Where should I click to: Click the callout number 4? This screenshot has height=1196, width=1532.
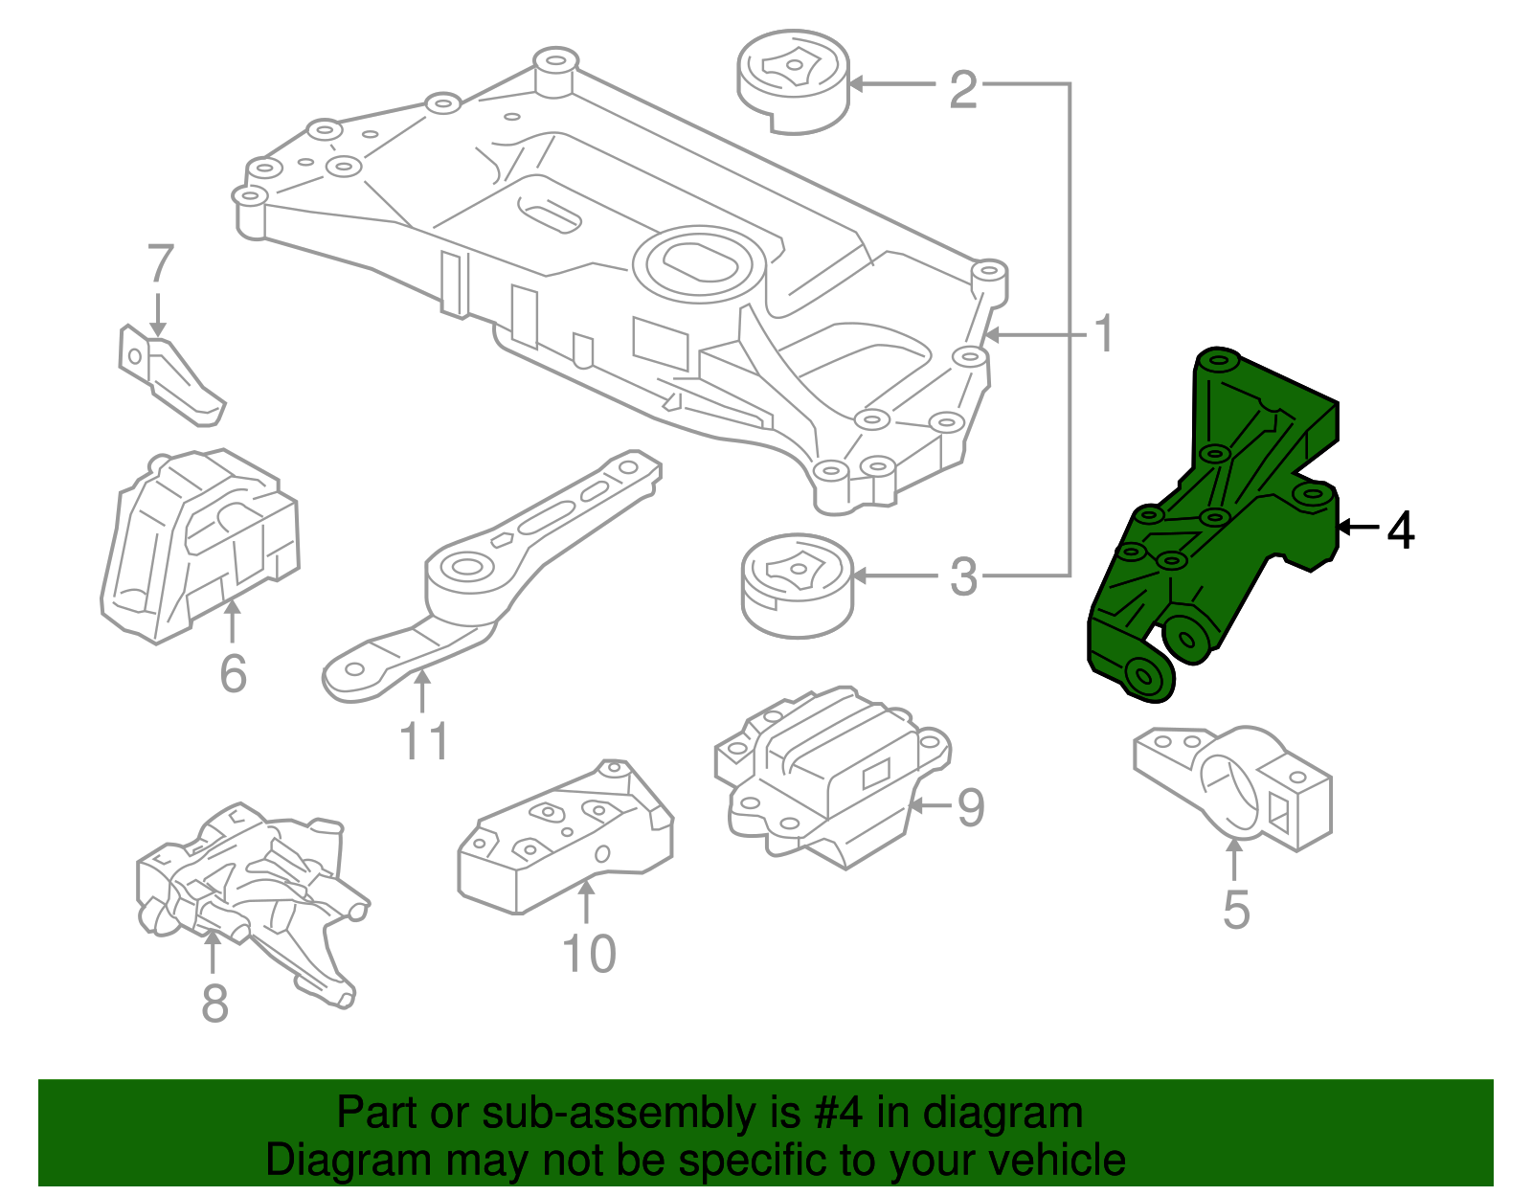pos(1400,530)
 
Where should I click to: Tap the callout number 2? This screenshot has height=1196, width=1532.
pos(962,89)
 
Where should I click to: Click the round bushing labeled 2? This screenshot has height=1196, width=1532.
pos(793,83)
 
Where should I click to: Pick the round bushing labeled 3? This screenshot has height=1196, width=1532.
pos(797,584)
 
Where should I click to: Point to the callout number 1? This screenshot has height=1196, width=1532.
pos(1104,334)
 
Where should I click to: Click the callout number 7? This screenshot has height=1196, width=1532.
pos(160,264)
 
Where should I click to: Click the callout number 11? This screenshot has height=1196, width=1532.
pos(423,741)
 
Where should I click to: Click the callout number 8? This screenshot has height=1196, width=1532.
pos(214,1003)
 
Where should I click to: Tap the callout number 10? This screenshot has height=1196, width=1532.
pos(588,954)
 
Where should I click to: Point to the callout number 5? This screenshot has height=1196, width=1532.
pos(1236,909)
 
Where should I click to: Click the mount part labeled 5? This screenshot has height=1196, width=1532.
pos(1235,785)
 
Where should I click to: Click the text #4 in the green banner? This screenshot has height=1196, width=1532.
pos(838,1114)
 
